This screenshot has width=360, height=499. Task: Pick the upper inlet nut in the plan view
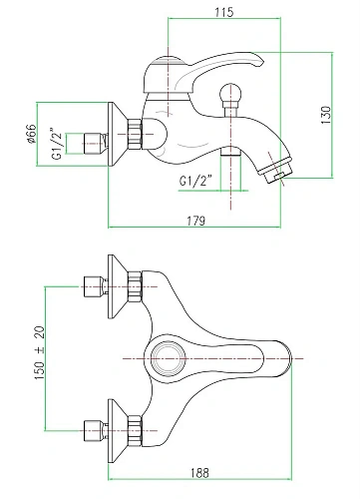[x=93, y=286]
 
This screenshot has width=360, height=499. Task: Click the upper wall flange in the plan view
[x=127, y=286]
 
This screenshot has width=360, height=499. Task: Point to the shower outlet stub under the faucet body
[x=232, y=154]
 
